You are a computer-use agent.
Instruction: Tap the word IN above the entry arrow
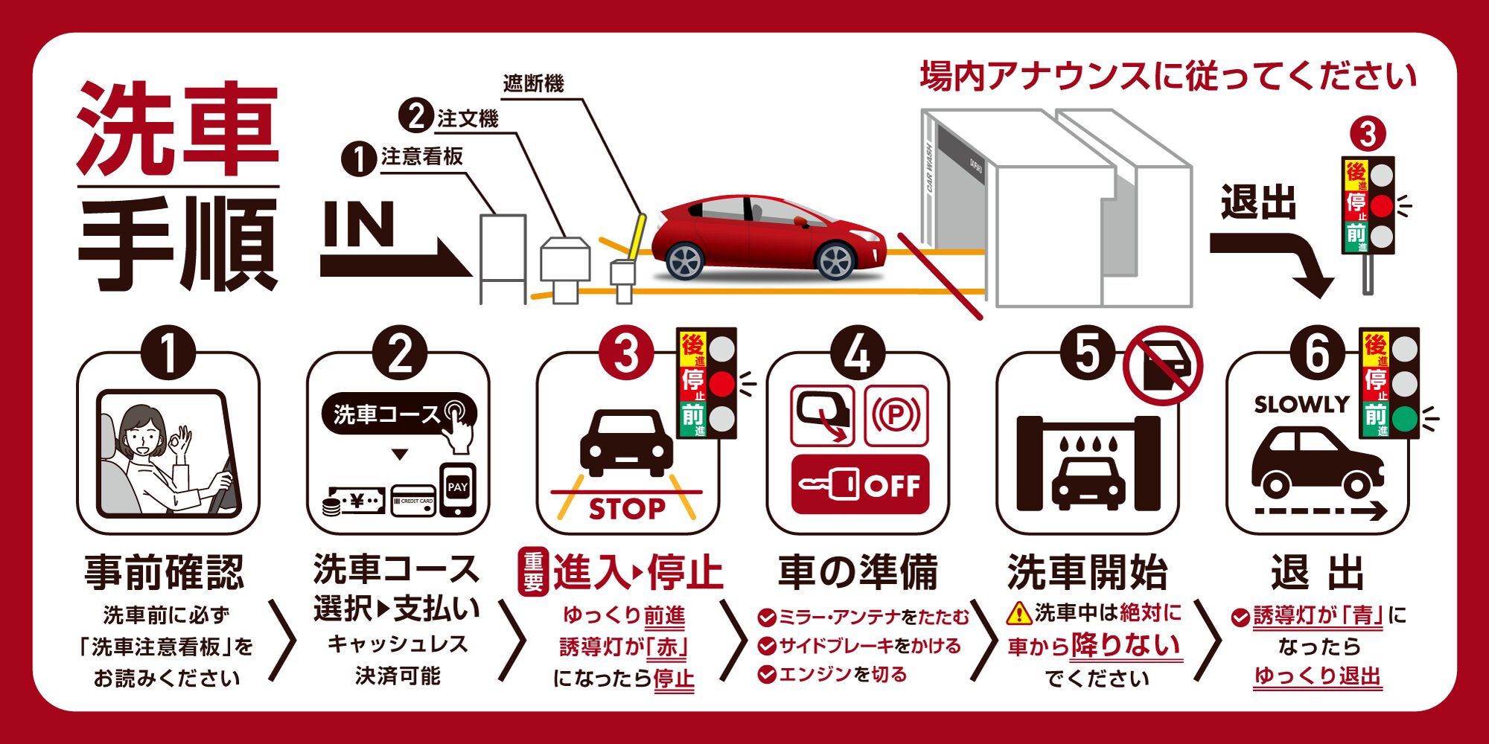359,224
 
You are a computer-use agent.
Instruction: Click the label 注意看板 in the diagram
422,156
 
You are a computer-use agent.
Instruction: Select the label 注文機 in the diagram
468,118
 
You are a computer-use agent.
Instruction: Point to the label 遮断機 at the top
533,83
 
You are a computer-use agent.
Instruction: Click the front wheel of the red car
835,261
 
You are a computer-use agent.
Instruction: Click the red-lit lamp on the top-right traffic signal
1381,206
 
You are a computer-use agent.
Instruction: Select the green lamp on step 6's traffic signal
1404,419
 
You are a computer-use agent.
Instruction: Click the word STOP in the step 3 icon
627,509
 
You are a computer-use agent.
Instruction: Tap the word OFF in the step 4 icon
892,486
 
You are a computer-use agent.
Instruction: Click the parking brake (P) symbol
896,415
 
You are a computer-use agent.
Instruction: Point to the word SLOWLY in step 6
1301,405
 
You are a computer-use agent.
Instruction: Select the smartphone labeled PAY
457,490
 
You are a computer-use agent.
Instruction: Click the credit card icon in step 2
413,501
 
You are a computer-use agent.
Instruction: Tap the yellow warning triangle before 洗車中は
1018,614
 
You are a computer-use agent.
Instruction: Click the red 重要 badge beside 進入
533,572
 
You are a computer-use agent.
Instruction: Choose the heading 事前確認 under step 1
165,572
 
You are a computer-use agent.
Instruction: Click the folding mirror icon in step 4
821,415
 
